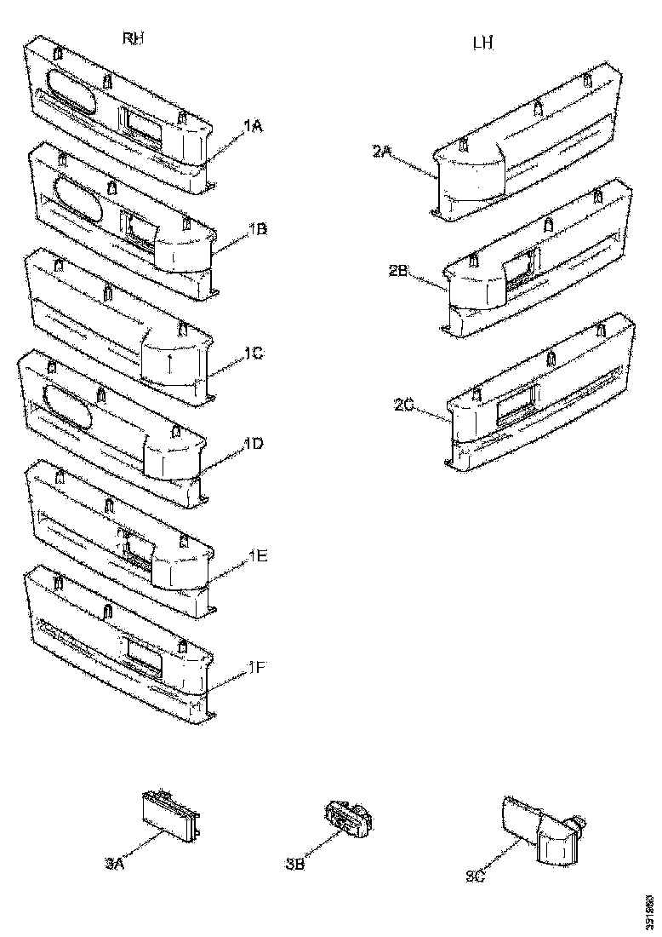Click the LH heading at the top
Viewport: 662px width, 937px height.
pos(482,43)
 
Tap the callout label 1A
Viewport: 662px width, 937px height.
pos(253,127)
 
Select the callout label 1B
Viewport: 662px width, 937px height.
pos(258,229)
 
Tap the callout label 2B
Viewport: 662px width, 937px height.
pos(399,272)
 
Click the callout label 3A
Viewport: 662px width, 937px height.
pos(115,864)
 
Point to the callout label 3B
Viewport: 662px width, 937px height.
pos(295,865)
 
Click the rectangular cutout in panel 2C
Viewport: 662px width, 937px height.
pos(513,400)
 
